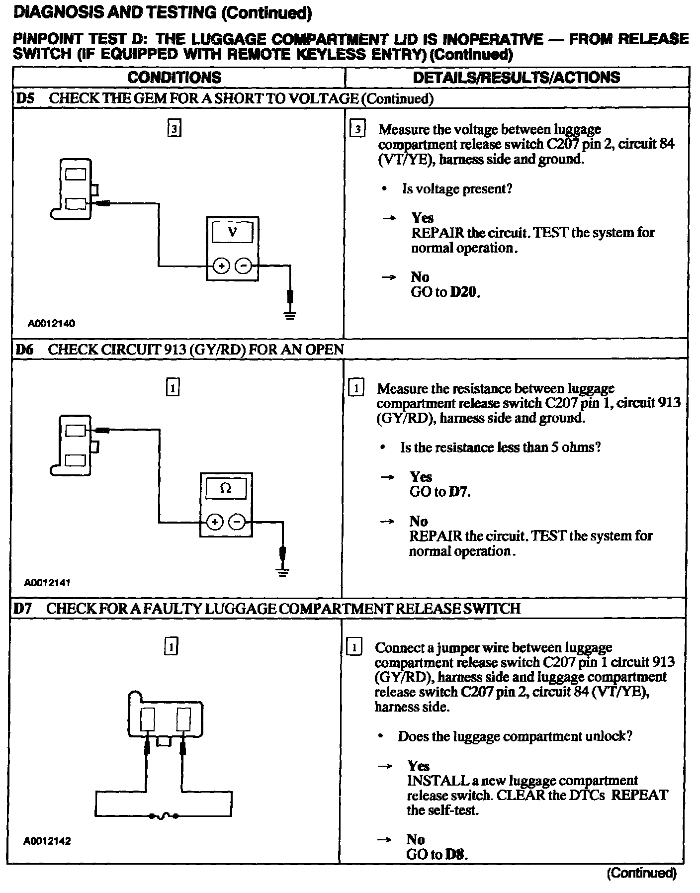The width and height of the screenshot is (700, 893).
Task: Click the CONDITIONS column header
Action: tap(175, 78)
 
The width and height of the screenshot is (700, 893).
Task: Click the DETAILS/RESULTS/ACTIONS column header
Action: tap(516, 78)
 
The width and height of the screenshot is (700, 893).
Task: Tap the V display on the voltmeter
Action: tap(232, 232)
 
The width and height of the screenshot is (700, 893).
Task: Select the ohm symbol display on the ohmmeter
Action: tap(225, 488)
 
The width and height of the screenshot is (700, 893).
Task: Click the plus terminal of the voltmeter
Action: tap(221, 266)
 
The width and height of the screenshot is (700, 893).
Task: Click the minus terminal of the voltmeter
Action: tap(243, 266)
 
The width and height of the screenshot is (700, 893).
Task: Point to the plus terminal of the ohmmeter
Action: tap(214, 522)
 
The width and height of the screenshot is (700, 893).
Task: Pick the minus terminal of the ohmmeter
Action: tap(237, 522)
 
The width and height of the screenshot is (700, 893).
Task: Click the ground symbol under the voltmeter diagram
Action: tap(290, 314)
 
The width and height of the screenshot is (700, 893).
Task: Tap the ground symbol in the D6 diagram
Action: tap(283, 571)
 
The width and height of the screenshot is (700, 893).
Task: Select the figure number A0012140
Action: tap(51, 324)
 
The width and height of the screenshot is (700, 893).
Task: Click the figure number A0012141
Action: tap(47, 582)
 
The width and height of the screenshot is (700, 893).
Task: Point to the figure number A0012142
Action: tap(47, 841)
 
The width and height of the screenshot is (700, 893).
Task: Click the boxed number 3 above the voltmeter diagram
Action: tap(174, 129)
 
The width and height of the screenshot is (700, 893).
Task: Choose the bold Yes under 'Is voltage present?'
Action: tap(422, 218)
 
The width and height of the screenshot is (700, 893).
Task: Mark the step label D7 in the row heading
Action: tap(23, 609)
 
